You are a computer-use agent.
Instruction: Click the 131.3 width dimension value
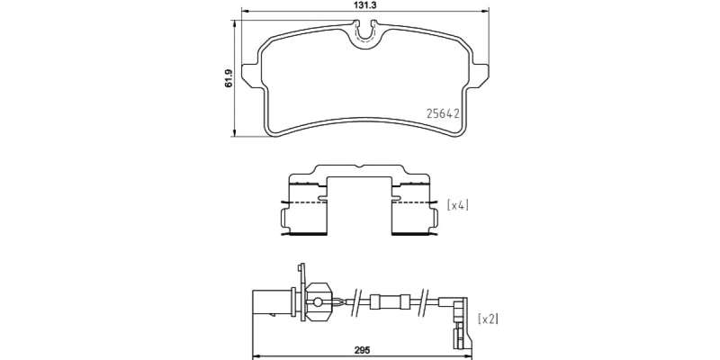click(x=366, y=5)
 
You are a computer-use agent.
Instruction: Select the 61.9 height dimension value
click(x=229, y=78)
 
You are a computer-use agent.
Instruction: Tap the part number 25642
click(x=443, y=113)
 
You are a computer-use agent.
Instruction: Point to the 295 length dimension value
click(x=362, y=350)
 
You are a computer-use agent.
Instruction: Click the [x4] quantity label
click(x=458, y=205)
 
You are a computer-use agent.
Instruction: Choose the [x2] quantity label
click(x=488, y=319)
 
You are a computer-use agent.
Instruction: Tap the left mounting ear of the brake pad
click(x=251, y=76)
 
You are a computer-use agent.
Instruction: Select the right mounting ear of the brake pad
click(x=480, y=76)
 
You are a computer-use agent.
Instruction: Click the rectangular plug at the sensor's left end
click(x=273, y=302)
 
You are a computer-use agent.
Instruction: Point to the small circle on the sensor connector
click(x=318, y=301)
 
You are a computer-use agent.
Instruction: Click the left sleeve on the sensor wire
click(x=375, y=301)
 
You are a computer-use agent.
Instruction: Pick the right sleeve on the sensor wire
click(x=404, y=301)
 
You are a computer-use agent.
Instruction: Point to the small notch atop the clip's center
click(x=359, y=166)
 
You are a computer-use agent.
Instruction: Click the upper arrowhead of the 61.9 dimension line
click(x=234, y=24)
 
